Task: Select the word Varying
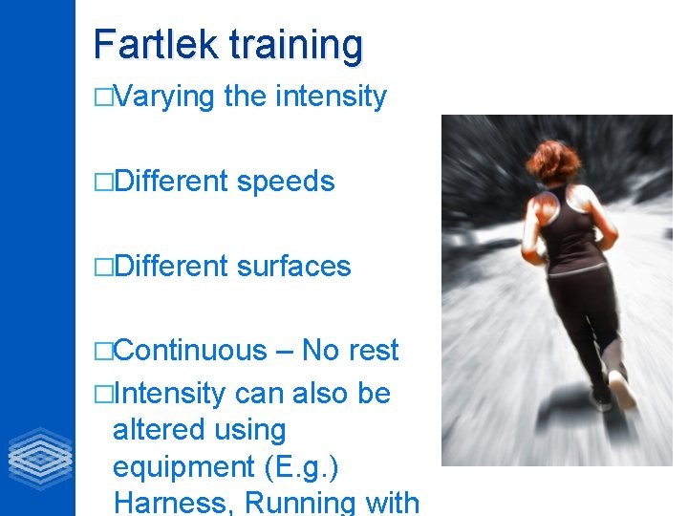point(164,97)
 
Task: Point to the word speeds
point(286,182)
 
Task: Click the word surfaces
point(293,266)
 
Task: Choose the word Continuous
point(190,351)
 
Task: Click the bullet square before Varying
point(103,97)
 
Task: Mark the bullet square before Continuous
point(103,352)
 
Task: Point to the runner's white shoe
point(622,390)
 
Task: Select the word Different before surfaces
point(170,266)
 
